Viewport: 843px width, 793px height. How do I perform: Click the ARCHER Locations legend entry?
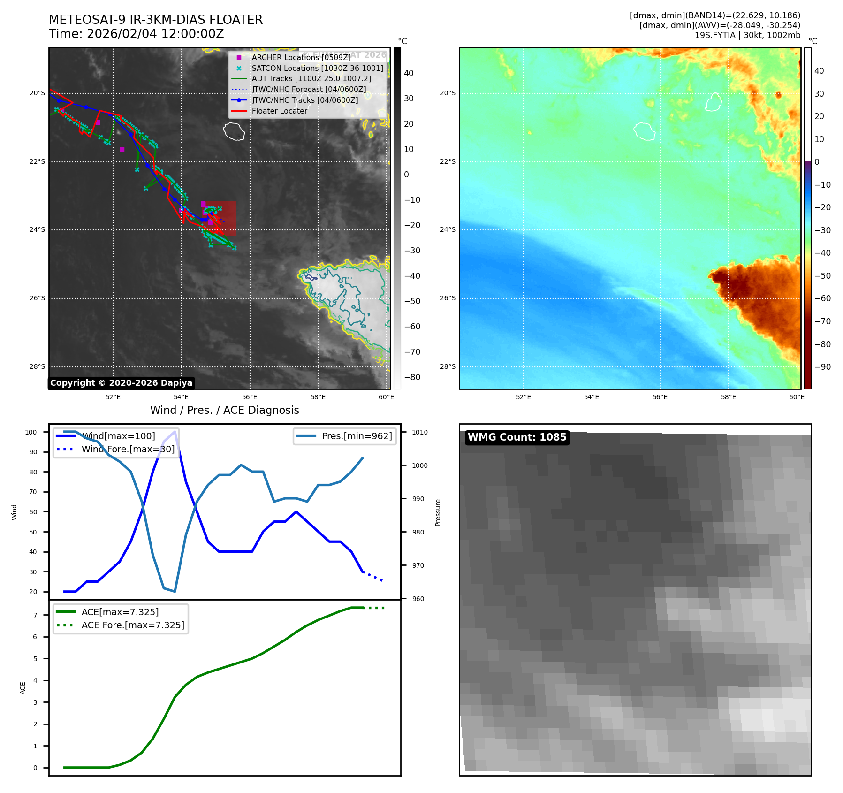click(301, 57)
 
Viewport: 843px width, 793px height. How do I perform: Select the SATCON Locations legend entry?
click(317, 68)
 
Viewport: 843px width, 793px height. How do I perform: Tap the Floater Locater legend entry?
click(279, 111)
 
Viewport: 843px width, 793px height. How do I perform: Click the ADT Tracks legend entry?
click(311, 79)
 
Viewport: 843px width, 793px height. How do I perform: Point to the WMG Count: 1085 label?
click(517, 437)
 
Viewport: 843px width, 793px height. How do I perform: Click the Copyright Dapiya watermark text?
click(121, 383)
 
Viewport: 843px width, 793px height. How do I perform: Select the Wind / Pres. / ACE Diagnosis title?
click(224, 410)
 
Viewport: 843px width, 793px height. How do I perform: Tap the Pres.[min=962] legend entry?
click(357, 436)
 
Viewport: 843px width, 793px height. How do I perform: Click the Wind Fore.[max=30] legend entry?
click(128, 449)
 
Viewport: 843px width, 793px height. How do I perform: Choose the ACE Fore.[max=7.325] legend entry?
click(133, 625)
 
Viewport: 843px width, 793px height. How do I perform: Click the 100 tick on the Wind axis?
click(31, 432)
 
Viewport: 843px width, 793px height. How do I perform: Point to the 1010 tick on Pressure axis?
click(420, 432)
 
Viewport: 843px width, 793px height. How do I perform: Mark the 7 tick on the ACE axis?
click(35, 615)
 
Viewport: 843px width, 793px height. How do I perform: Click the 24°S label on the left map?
click(38, 230)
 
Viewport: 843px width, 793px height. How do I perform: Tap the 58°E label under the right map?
click(728, 397)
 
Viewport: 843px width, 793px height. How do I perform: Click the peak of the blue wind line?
click(175, 431)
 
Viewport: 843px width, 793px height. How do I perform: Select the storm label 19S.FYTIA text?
click(715, 35)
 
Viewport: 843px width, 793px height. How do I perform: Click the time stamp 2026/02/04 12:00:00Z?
click(155, 34)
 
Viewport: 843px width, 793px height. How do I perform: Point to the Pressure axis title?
click(438, 512)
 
